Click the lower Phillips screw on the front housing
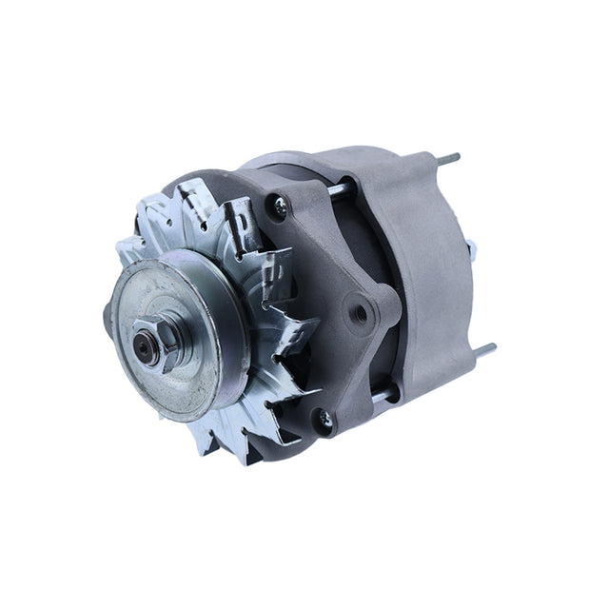(324, 417)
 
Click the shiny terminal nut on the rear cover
(471, 249)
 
